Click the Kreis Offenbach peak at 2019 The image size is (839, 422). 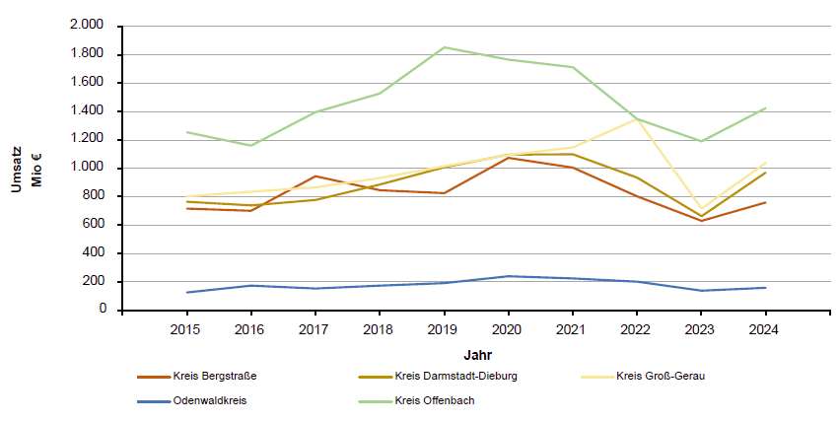[444, 47]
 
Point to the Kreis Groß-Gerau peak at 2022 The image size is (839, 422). [637, 119]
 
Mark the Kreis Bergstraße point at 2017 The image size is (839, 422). [315, 176]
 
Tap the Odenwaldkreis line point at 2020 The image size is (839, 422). [509, 276]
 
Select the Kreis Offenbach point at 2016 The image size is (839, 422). [251, 146]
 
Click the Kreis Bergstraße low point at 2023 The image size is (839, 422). [701, 221]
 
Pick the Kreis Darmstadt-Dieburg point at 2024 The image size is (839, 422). [765, 173]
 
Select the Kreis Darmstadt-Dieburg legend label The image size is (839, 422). [455, 376]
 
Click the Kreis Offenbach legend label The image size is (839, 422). [435, 400]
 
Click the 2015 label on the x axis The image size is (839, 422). [185, 329]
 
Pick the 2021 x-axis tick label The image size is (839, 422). [572, 329]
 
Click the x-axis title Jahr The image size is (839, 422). [478, 355]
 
